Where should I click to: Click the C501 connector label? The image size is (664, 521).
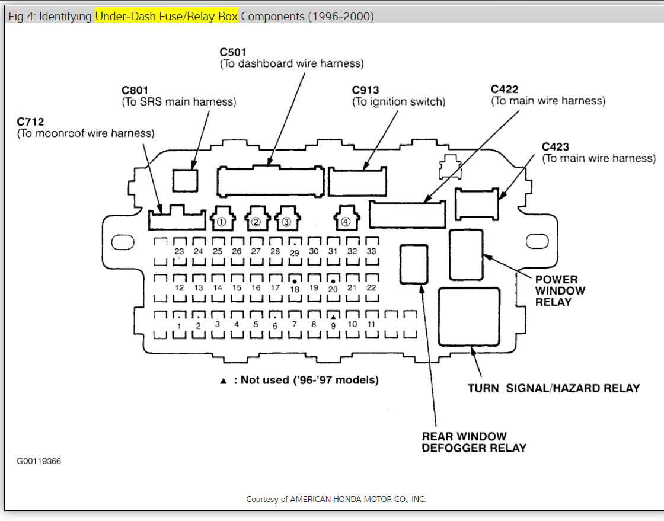click(x=232, y=52)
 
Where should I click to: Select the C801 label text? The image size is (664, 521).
click(x=135, y=90)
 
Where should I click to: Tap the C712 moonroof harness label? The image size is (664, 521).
click(x=30, y=122)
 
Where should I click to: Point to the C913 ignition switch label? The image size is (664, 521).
click(x=365, y=90)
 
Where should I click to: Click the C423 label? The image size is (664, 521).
click(x=556, y=147)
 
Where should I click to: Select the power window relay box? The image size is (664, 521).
click(x=466, y=254)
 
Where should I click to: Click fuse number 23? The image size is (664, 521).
click(x=180, y=251)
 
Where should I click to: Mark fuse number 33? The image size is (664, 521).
click(x=372, y=251)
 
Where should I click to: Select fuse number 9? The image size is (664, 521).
click(x=333, y=324)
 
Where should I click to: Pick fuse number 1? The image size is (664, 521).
click(x=180, y=325)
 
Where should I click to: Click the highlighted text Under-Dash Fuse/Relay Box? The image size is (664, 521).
click(x=166, y=16)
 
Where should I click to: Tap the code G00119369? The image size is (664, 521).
click(x=39, y=461)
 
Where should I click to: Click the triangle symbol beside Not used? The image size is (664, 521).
click(x=224, y=381)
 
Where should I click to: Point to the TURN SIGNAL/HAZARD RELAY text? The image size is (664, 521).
click(x=554, y=388)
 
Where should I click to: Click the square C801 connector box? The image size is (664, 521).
click(x=186, y=180)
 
